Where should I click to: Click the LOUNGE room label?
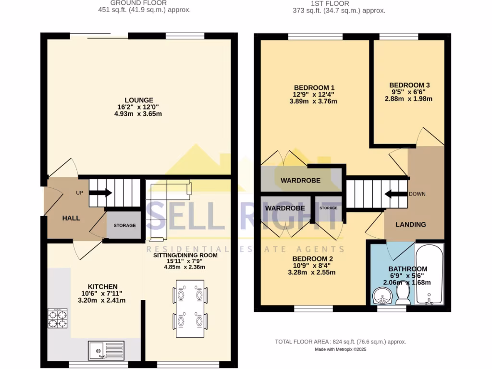(x=139, y=100)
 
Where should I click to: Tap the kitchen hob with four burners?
(x=57, y=318)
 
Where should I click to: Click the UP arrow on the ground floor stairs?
(x=101, y=193)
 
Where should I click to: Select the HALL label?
(x=71, y=218)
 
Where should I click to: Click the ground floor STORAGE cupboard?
(x=124, y=225)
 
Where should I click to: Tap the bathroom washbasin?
(x=383, y=296)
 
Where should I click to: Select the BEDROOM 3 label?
(x=409, y=85)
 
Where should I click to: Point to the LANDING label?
(x=410, y=224)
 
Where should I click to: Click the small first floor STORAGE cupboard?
(x=329, y=208)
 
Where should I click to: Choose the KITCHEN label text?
(x=99, y=286)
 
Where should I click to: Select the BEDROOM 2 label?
(x=313, y=258)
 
